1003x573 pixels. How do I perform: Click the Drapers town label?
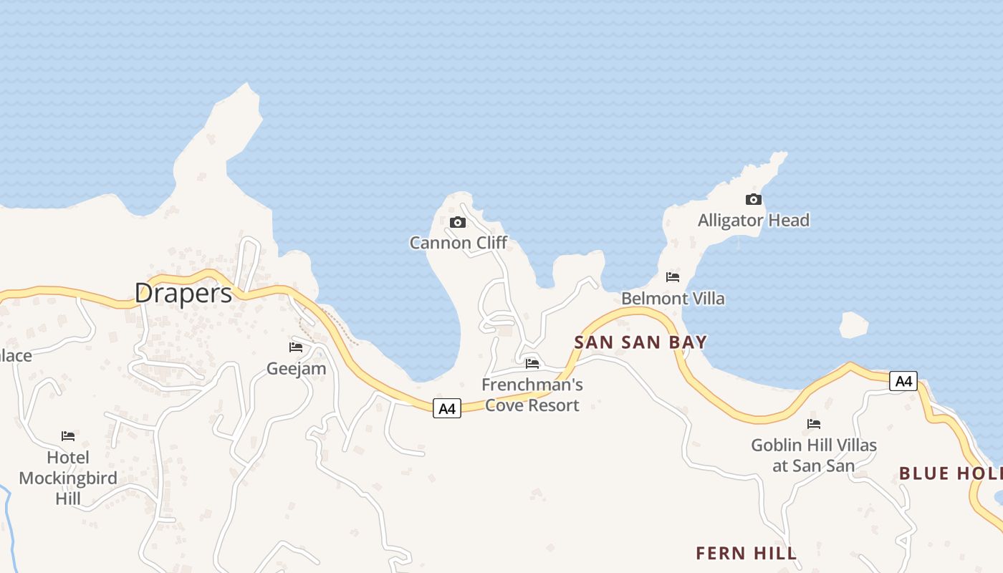click(183, 293)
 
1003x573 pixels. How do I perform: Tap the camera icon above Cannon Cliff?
click(458, 223)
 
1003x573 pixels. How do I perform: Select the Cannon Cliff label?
click(459, 243)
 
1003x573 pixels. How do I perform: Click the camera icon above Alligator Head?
click(754, 200)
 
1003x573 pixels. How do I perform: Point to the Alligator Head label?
click(754, 220)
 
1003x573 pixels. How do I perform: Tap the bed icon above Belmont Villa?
click(673, 277)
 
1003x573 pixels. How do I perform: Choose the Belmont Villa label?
click(673, 298)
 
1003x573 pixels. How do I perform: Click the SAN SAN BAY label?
click(640, 342)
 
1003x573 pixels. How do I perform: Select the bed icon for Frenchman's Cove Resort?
click(532, 364)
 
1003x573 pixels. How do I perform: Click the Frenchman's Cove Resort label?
click(532, 395)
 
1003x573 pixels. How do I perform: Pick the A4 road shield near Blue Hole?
click(903, 381)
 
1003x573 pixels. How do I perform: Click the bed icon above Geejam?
click(296, 347)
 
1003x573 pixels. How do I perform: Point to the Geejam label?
click(296, 369)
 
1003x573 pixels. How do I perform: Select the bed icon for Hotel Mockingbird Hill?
click(68, 435)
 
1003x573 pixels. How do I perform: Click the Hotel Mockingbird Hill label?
click(68, 478)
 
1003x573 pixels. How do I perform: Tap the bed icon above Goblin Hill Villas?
click(814, 424)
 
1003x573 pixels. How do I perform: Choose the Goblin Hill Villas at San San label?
click(814, 456)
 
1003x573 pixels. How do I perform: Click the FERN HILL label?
click(746, 553)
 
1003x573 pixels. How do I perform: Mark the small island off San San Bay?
click(853, 325)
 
